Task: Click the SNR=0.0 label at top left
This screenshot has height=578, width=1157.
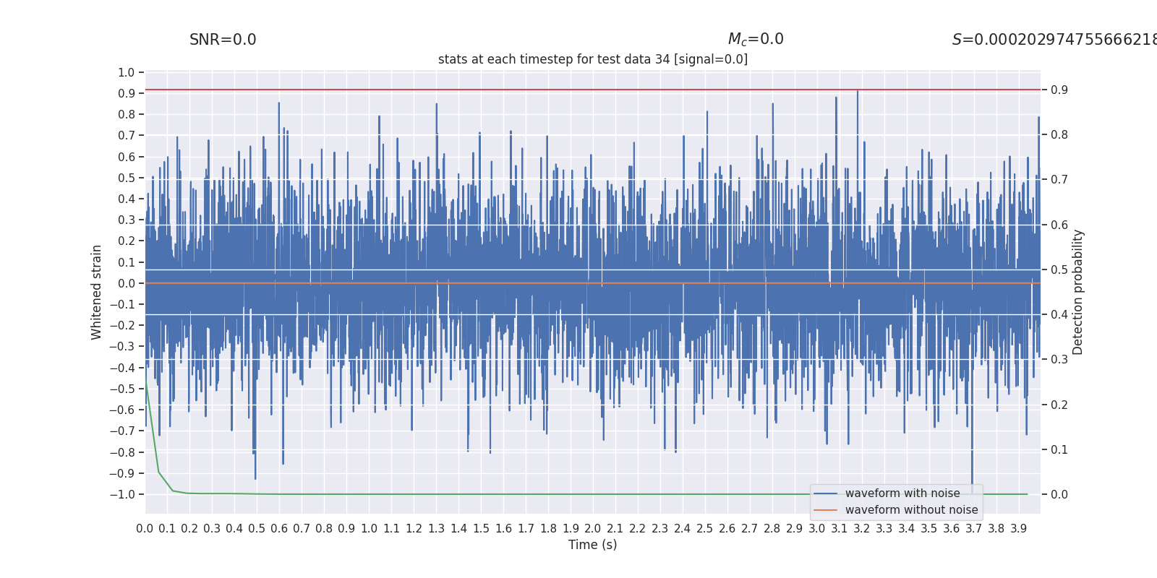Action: point(223,40)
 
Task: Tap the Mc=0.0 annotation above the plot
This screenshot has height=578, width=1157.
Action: point(756,40)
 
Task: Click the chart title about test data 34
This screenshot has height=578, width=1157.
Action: point(593,59)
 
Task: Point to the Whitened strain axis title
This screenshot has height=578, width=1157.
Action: point(97,292)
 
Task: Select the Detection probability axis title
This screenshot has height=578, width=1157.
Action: point(1078,292)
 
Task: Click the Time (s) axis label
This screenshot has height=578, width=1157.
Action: point(593,545)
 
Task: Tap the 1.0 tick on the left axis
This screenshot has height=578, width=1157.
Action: point(127,72)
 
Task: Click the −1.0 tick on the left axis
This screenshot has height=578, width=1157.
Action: point(123,494)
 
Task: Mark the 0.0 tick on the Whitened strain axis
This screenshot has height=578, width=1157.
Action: point(127,283)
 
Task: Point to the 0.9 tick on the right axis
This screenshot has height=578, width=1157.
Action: point(1059,90)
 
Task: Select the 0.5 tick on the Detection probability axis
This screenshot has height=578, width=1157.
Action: point(1059,269)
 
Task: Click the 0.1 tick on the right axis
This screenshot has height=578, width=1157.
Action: point(1059,449)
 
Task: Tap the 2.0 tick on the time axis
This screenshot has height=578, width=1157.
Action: point(593,529)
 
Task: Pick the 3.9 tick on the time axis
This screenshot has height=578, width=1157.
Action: point(1018,529)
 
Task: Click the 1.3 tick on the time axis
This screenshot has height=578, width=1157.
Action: point(436,529)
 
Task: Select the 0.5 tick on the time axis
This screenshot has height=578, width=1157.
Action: point(257,529)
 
